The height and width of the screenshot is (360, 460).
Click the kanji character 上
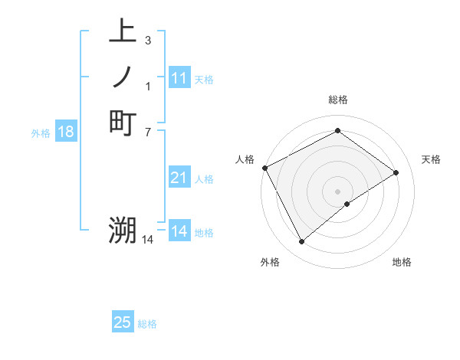click(x=123, y=33)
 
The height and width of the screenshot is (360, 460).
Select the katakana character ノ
click(x=123, y=77)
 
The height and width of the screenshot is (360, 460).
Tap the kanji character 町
click(x=123, y=123)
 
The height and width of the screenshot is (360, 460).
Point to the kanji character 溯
click(x=123, y=230)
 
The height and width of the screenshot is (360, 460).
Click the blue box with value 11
click(x=179, y=78)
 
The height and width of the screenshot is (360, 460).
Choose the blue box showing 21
click(x=179, y=178)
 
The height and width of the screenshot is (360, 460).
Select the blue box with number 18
click(x=66, y=132)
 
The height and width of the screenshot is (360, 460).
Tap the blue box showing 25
click(x=123, y=322)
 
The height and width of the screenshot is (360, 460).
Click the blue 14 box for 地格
click(x=179, y=231)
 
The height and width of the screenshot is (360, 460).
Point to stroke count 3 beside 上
click(x=147, y=40)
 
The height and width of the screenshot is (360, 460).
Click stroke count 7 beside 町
click(x=147, y=131)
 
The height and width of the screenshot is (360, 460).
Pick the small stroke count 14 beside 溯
click(x=148, y=240)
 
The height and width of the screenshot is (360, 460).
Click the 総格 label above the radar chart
click(x=337, y=100)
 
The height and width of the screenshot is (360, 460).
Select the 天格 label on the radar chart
click(x=432, y=159)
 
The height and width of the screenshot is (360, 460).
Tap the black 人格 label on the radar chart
click(x=245, y=159)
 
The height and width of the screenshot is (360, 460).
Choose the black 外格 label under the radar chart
click(x=270, y=263)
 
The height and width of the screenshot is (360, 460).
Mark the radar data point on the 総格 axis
click(x=337, y=131)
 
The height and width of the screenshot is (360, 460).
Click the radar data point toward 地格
click(x=347, y=204)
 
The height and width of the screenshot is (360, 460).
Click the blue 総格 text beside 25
click(x=147, y=324)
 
